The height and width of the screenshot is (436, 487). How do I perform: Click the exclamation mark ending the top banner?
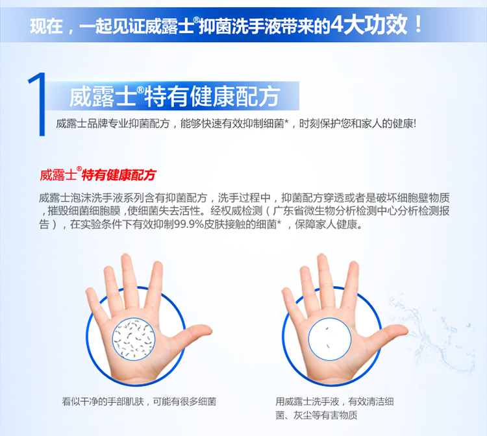pos(418,24)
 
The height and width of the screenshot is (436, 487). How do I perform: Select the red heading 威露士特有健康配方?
pos(97,175)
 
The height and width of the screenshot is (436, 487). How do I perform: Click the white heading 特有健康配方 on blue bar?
pos(212,97)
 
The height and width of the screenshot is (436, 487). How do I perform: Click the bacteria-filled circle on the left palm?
pos(134,339)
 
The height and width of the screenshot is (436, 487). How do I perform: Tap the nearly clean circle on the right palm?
pos(329,339)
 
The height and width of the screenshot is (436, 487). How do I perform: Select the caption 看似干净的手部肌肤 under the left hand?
pos(103,402)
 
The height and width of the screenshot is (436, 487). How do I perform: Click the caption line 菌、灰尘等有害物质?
pos(316,415)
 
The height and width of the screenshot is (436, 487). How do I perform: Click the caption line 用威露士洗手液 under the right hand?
pos(307,402)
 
